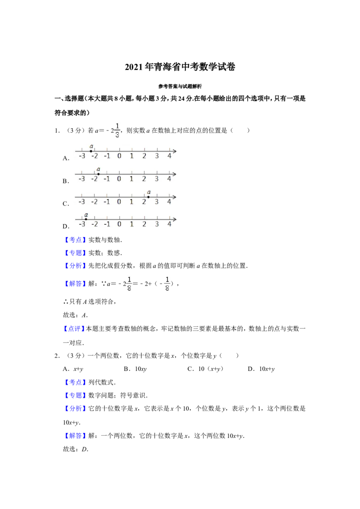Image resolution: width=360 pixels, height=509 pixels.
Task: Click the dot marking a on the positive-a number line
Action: [148, 197]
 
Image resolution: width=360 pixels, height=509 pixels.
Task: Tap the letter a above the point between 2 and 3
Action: [149, 192]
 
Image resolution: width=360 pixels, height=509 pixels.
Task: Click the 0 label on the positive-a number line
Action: [119, 202]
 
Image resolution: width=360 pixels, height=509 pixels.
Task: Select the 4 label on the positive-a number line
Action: [169, 202]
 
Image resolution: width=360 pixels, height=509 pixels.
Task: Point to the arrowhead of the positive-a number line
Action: [174, 197]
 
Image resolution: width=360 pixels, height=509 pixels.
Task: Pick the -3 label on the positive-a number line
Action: [81, 202]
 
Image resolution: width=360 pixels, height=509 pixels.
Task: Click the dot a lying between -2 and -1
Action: [99, 174]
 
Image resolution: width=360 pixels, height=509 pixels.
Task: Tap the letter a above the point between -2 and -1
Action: [99, 169]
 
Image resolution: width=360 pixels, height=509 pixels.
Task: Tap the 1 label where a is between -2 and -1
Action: [131, 179]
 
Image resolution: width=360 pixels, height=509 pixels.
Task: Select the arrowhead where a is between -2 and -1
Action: [174, 174]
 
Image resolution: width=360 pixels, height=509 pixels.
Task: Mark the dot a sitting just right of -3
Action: [85, 219]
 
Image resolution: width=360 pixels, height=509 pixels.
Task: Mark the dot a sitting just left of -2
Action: [91, 151]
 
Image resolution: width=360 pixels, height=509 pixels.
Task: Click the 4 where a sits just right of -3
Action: [169, 224]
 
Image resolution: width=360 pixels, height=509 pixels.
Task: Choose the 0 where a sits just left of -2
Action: [119, 156]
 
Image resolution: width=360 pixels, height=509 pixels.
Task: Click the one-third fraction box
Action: [117, 129]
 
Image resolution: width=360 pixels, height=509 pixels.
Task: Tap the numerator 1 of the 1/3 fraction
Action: [117, 125]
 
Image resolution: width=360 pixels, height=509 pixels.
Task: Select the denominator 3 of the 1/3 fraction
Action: [117, 134]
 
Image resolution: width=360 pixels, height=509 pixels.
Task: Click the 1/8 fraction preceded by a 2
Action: [128, 284]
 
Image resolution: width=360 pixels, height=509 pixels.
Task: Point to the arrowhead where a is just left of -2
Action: [174, 151]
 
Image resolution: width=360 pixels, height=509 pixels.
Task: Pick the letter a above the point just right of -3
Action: [86, 214]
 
